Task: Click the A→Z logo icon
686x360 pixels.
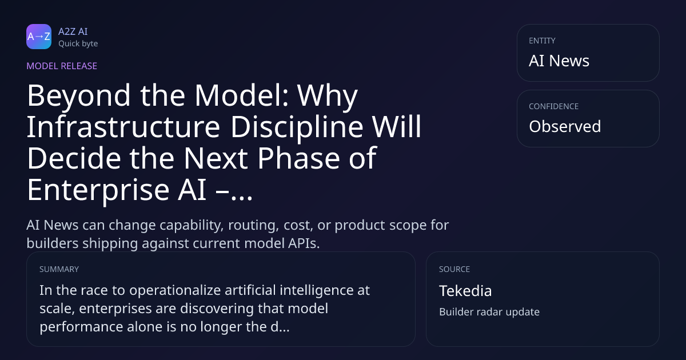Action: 39,37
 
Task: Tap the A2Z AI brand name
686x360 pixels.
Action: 73,31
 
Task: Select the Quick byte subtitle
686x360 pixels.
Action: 78,44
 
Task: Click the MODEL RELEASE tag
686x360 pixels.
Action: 62,66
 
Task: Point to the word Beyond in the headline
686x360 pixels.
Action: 79,96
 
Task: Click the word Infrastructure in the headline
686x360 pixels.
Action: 123,126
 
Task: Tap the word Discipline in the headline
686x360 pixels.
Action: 297,126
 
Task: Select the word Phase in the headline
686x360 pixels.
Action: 299,158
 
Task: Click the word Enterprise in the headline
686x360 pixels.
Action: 98,190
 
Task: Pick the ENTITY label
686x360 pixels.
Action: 542,41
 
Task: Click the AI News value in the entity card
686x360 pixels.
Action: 559,61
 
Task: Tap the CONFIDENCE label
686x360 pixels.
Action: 554,106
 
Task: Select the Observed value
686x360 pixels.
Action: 565,126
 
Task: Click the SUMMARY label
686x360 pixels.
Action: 59,269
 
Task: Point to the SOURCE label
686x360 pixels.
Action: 454,269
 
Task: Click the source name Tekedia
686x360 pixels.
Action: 465,291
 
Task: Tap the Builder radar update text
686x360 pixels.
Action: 489,312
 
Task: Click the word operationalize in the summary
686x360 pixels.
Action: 175,290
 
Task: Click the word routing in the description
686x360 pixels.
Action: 254,225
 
